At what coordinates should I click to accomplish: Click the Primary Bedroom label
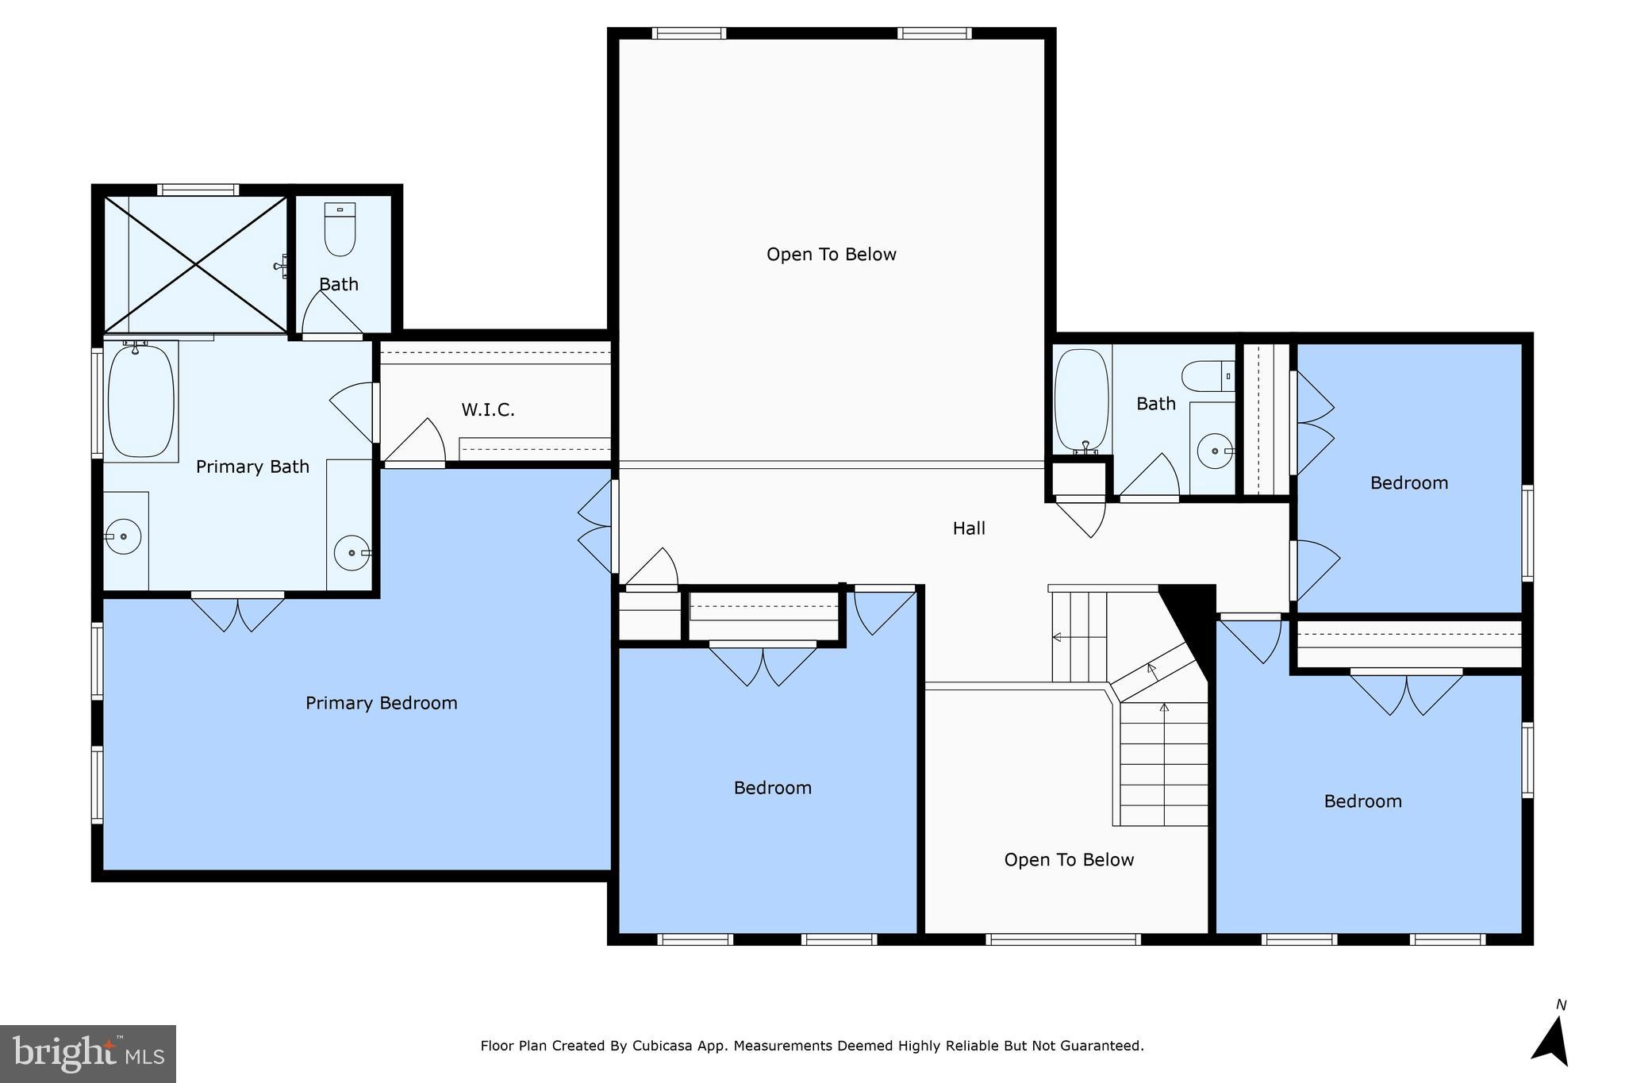point(381,703)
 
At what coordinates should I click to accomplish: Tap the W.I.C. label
point(488,410)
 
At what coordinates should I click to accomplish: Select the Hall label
point(969,528)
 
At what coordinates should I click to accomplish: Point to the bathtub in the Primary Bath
point(140,401)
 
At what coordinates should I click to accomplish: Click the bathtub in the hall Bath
point(1081,401)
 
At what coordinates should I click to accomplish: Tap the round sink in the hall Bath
point(1214,451)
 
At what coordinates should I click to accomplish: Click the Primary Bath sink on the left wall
point(123,537)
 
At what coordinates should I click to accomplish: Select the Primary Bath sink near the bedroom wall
point(351,552)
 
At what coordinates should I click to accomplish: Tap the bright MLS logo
point(87,1054)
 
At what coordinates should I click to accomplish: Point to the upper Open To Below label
point(831,255)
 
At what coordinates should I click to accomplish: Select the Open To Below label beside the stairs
point(1068,860)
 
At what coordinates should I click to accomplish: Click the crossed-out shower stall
point(195,264)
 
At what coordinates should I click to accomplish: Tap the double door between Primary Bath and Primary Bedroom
point(237,613)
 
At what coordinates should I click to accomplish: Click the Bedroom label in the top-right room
point(1408,483)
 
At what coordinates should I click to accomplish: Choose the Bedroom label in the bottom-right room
point(1362,801)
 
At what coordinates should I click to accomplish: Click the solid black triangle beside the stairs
point(1191,618)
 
